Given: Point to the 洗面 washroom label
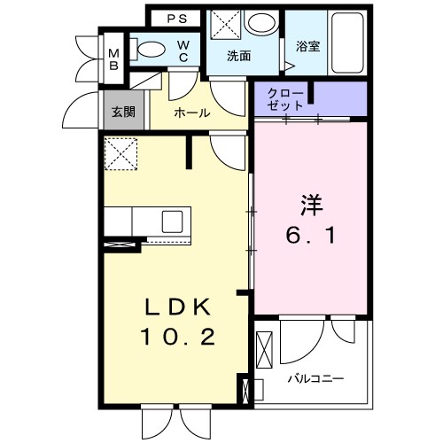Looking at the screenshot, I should [237, 57].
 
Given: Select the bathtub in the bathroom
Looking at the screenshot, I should [347, 44].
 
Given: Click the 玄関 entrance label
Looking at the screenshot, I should [123, 113].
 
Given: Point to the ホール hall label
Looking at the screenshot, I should [191, 113].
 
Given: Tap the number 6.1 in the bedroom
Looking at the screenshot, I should [310, 237].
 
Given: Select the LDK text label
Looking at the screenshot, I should [177, 307].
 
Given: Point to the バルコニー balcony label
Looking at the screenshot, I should [315, 378].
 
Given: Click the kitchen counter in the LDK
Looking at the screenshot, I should [145, 220].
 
